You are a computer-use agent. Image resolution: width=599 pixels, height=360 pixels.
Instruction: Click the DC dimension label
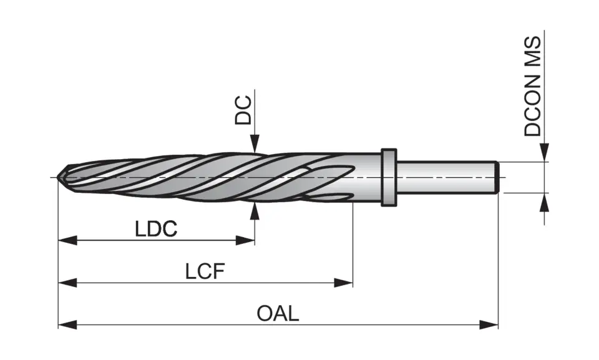[243, 110]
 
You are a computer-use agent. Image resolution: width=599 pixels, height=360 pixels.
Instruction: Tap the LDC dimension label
[156, 229]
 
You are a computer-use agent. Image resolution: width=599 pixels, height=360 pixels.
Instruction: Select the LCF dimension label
[205, 271]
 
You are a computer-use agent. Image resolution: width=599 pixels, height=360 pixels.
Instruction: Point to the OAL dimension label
[278, 313]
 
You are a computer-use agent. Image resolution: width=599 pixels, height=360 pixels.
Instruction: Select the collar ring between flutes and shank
[389, 177]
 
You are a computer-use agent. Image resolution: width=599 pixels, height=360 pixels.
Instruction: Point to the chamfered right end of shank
[497, 177]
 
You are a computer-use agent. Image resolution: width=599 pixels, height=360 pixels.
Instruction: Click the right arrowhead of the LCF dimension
[344, 283]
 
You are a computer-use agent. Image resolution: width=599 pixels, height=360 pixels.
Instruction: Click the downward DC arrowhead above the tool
[255, 145]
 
